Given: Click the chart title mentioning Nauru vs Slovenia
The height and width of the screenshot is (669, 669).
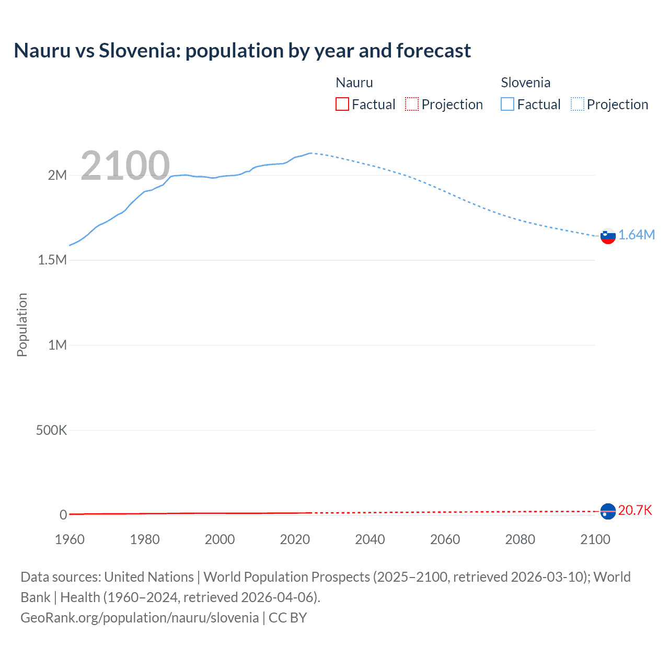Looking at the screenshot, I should tap(242, 51).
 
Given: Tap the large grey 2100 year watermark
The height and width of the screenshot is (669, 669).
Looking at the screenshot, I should tap(125, 166).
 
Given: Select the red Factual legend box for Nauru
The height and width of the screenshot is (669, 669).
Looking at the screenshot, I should tap(342, 105).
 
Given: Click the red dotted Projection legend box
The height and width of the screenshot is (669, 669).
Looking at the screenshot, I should tap(412, 105).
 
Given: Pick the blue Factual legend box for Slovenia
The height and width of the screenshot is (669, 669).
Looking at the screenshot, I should tap(507, 105).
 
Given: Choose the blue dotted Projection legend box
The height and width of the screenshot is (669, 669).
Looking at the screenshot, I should tap(578, 105).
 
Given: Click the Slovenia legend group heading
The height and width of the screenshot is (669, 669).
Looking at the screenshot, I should tap(525, 83).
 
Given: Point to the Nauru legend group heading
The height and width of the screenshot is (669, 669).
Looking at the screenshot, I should tap(354, 83).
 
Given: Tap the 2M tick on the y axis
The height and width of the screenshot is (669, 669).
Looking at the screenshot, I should tap(57, 175).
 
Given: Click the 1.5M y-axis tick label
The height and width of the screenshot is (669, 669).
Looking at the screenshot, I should tap(52, 260).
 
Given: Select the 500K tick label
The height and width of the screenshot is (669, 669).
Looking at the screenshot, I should tap(51, 430).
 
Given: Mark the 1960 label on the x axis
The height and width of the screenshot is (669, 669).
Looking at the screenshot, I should tap(70, 539).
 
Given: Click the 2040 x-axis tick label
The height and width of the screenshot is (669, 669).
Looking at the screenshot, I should tap(370, 539).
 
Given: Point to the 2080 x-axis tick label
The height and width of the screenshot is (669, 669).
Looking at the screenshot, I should tap(520, 539).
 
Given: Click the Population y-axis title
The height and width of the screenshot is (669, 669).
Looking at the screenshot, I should tap(22, 325).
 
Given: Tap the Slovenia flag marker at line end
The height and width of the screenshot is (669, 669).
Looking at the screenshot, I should tap(608, 236).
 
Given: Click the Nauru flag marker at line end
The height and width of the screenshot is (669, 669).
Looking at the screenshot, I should tap(608, 511).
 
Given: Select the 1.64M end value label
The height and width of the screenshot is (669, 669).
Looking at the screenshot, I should tap(636, 235).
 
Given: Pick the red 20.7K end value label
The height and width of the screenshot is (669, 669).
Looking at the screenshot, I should tap(635, 510).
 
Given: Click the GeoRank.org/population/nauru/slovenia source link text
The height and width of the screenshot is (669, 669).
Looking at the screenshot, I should tap(140, 618).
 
